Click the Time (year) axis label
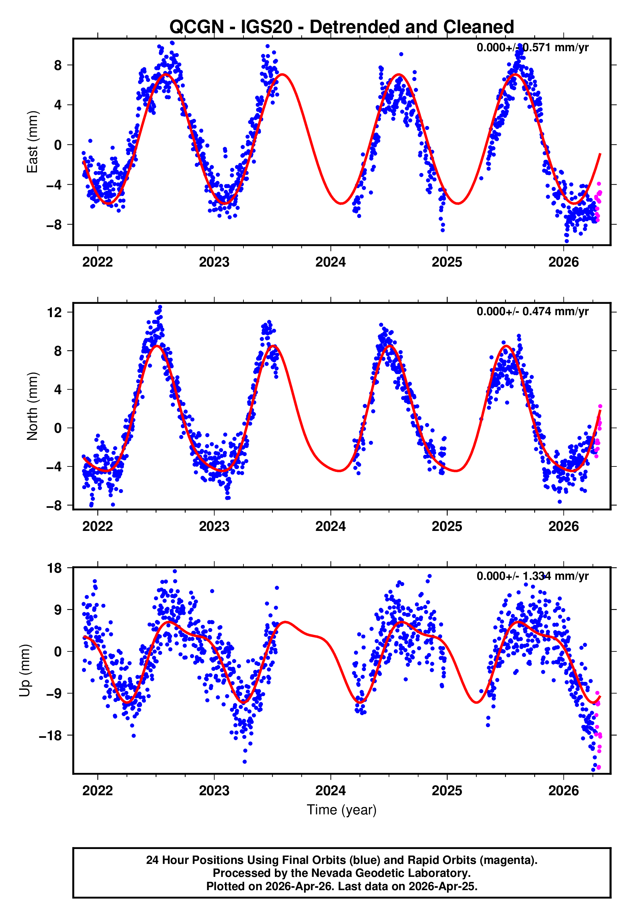[342, 810]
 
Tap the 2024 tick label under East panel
[330, 262]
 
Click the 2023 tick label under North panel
[214, 526]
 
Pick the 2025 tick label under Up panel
[447, 791]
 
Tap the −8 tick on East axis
[54, 225]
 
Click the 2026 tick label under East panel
[563, 262]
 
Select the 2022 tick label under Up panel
[98, 791]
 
